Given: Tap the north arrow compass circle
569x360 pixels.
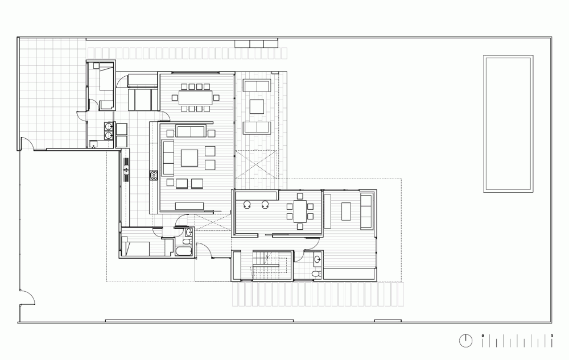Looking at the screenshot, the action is coord(465,341).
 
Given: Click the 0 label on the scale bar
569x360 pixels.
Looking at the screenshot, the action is coord(483,336).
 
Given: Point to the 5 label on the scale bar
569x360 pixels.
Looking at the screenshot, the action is coord(552,336).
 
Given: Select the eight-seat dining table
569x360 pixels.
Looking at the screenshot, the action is coord(196,97).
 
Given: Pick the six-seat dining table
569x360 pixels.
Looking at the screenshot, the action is coord(300,212).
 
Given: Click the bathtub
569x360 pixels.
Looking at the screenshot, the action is coord(184,251).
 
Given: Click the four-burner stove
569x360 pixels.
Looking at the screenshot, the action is coord(154,175).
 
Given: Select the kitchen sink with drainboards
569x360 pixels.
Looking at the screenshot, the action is coord(126,169).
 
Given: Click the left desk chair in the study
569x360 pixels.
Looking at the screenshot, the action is coord(248,205).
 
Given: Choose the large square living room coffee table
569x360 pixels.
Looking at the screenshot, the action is coord(189,158).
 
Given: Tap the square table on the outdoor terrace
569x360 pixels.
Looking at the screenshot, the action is coord(257,106).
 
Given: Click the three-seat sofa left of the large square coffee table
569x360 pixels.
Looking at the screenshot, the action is coord(168,158).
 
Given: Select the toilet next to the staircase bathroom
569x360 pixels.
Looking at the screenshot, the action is coord(316,274).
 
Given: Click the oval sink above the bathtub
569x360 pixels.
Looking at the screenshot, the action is coord(188,233).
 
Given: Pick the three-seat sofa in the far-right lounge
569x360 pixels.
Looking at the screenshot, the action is coord(366,212).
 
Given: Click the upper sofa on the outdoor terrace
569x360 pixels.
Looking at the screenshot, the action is coord(257,86).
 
